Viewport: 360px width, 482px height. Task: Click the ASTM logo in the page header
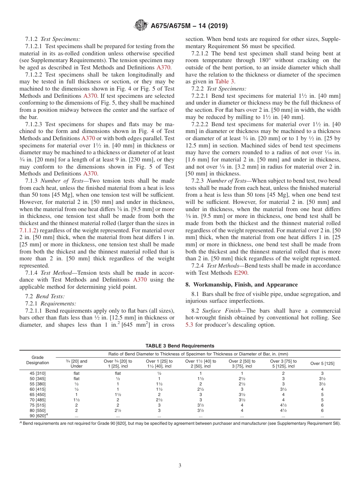pos(141,26)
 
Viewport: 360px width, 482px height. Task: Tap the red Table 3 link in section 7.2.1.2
pos(225,81)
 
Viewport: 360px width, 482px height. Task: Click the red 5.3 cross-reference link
pos(189,325)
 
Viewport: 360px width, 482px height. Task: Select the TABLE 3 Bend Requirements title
pos(180,346)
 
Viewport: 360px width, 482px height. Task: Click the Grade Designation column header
pos(38,360)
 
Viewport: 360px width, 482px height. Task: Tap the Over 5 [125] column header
pos(322,363)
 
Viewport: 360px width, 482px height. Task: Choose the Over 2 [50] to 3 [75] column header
pos(242,363)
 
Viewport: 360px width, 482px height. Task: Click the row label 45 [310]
pos(38,373)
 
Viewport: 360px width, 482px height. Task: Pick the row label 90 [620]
pos(38,416)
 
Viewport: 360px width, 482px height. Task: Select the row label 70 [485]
pos(38,400)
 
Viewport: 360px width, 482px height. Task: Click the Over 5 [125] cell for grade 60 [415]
pos(322,389)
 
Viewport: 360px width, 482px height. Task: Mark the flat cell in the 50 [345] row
pos(77,379)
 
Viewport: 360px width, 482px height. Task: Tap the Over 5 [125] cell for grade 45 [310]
pos(322,373)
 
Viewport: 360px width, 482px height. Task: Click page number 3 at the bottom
pos(180,466)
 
